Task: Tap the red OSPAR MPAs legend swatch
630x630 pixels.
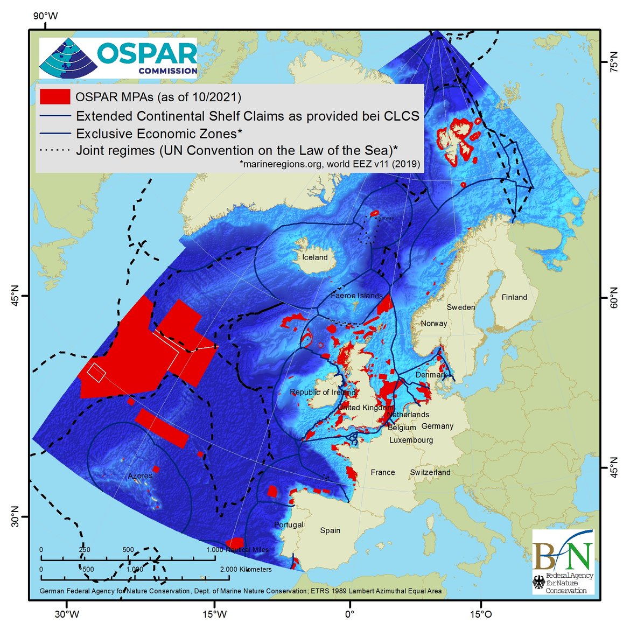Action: tap(54, 97)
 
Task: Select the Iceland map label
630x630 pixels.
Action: tap(315, 257)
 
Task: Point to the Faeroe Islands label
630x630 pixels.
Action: tap(356, 296)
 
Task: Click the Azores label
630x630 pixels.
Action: tap(140, 475)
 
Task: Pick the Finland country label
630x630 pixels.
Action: tap(514, 297)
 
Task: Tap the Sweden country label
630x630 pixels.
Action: tap(461, 307)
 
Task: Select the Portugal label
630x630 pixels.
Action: tap(289, 524)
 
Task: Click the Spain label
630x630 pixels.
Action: tap(330, 530)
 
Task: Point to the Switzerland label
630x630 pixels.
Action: tap(430, 472)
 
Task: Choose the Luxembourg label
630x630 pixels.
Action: tap(411, 440)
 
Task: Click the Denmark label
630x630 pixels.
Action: tap(431, 375)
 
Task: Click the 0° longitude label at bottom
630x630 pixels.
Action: tap(349, 614)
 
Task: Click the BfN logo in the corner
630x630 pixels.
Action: tap(563, 562)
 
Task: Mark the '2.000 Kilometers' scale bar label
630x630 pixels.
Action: tap(246, 569)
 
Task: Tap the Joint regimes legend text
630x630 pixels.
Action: tap(236, 150)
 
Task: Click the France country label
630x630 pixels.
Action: tap(383, 472)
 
